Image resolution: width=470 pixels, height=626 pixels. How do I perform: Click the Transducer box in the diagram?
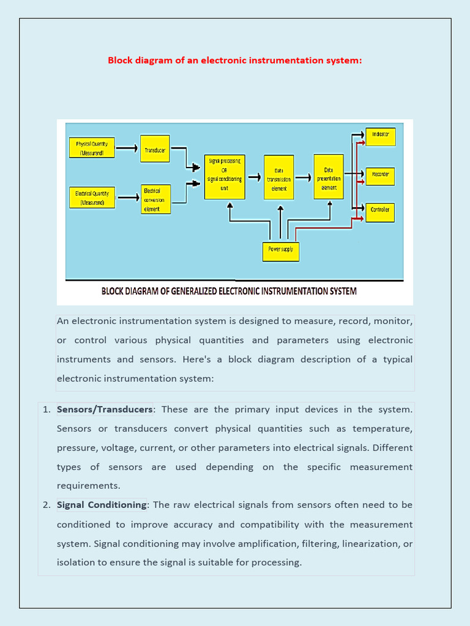point(155,149)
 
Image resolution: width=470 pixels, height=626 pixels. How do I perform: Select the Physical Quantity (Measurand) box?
point(92,148)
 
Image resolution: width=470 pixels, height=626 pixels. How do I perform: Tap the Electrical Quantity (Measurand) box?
point(92,197)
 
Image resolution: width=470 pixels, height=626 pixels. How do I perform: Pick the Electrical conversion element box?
point(155,199)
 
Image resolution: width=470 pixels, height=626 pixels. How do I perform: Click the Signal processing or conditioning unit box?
point(225,177)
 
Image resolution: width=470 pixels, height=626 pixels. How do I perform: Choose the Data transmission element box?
point(278,177)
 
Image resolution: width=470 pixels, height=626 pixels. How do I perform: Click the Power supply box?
point(281,249)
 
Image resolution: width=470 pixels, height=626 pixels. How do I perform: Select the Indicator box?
point(380,136)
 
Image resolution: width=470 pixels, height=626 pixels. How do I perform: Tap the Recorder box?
point(380,176)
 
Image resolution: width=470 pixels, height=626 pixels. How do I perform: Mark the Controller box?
point(380,212)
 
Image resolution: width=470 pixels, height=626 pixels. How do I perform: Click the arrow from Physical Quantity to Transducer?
point(127,148)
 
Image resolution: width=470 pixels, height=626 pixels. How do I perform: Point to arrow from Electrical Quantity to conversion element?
point(127,197)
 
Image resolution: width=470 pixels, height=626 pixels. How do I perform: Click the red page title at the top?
point(235,60)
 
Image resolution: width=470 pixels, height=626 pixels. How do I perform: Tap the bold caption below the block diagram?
point(229,291)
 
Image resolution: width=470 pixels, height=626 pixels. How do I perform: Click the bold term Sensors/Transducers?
point(105,409)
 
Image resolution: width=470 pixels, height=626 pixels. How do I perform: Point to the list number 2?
point(47,504)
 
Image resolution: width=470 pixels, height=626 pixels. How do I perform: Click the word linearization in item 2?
point(369,543)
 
